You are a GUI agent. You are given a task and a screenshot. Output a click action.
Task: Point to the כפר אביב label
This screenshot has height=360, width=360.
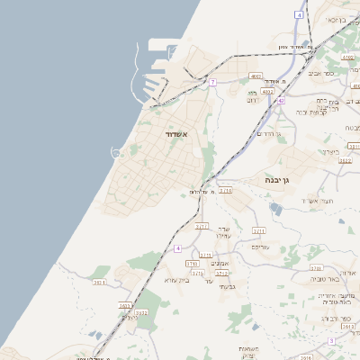coord(321,72)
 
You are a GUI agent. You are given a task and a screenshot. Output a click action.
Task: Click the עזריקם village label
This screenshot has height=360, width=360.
coord(260,246)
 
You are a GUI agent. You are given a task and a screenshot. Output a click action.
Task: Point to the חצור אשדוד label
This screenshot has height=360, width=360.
coord(318,200)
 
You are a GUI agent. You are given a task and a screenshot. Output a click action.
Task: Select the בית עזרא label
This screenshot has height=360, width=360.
coord(175,281)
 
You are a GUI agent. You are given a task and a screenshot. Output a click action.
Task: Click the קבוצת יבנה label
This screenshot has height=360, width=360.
coord(322,112)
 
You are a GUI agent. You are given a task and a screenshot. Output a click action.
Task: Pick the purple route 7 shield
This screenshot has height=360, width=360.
coord(212,82)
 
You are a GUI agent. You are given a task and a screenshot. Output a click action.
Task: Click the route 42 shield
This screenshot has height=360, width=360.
coord(281,101)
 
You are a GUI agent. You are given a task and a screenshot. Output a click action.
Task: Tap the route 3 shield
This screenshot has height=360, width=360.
coord(331,341)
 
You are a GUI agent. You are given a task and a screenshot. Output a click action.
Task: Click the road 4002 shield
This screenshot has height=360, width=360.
coord(267,91)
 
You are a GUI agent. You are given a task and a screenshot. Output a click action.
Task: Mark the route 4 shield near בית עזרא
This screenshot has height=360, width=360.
coord(178,247)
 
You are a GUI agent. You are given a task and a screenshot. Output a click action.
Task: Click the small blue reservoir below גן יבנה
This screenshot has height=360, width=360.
coord(275,210)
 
